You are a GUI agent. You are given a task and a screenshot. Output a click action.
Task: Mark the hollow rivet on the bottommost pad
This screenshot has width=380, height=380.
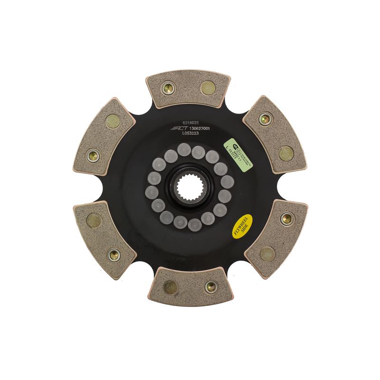click(211, 286)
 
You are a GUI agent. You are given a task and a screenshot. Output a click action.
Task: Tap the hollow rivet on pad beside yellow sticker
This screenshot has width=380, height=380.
click(286, 219)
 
